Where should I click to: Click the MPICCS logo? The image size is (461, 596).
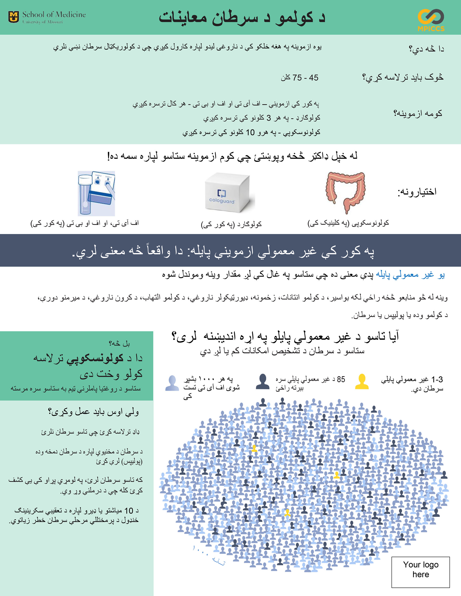tap(431, 20)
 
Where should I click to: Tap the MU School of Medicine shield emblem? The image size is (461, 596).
tap(14, 17)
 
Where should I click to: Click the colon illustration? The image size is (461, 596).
tap(345, 192)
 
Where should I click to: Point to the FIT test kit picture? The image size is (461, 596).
tap(96, 193)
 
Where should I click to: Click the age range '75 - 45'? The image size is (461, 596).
tap(300, 78)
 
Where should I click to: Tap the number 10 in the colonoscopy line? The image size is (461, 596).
tap(250, 132)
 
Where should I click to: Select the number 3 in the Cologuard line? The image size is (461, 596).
tap(269, 118)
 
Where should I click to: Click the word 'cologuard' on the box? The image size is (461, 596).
tap(222, 201)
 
